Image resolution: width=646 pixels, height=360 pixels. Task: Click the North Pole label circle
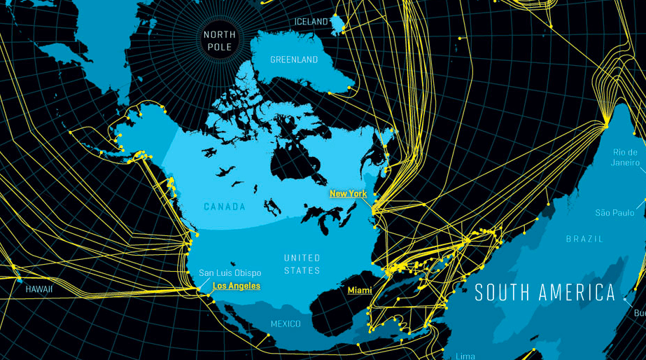tap(220, 40)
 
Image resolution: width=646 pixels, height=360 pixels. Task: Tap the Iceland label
tap(311, 22)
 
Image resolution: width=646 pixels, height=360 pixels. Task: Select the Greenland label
tap(294, 60)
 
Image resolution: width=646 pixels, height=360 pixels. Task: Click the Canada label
tap(225, 207)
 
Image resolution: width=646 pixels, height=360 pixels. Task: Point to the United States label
tap(302, 264)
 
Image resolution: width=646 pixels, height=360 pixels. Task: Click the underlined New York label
tap(348, 193)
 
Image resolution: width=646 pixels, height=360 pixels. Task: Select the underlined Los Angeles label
tap(236, 286)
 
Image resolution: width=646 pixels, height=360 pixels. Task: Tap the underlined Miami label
tap(360, 290)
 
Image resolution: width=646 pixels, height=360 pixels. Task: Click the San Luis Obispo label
tap(230, 273)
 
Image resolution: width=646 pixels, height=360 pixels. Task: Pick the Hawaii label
tap(39, 289)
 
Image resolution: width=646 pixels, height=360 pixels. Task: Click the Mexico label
tap(286, 324)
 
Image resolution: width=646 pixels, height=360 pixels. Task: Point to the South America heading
tap(545, 293)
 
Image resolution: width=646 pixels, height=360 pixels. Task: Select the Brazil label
tap(584, 239)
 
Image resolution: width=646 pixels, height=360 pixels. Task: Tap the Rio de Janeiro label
tap(625, 158)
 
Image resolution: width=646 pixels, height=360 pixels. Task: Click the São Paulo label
tap(614, 212)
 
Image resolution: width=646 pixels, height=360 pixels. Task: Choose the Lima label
tap(465, 356)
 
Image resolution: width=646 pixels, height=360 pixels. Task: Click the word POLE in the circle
tap(220, 47)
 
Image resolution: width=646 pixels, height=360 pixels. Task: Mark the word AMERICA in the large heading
tap(579, 293)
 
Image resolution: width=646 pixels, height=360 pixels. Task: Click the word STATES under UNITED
tap(302, 270)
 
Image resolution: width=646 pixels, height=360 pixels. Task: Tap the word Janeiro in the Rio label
tap(625, 162)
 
